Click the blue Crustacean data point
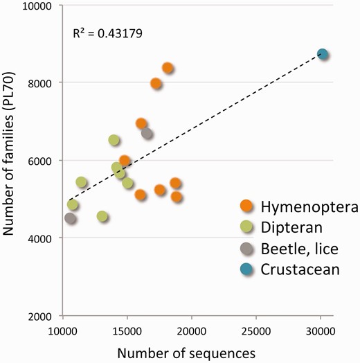tap(322, 54)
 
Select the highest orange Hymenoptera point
tap(168, 68)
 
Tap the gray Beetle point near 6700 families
tap(147, 133)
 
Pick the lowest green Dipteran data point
tap(102, 216)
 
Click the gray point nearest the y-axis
tap(70, 218)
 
